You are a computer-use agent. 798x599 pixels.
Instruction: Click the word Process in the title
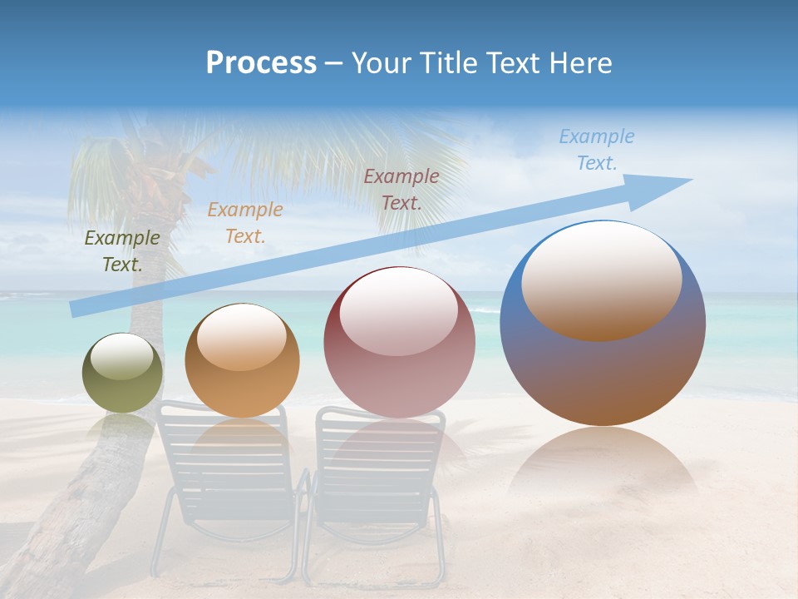click(261, 63)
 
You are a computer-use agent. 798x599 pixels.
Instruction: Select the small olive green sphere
click(122, 373)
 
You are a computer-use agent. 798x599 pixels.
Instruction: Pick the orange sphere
click(242, 360)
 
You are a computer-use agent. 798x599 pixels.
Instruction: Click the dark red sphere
click(399, 342)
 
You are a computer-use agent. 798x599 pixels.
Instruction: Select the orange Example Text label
click(245, 223)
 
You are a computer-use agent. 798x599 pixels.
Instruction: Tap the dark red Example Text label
click(401, 189)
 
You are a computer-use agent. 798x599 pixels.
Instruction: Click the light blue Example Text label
click(596, 150)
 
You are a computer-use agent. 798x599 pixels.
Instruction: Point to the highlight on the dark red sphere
click(398, 308)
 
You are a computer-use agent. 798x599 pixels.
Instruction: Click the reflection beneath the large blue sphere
click(603, 466)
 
